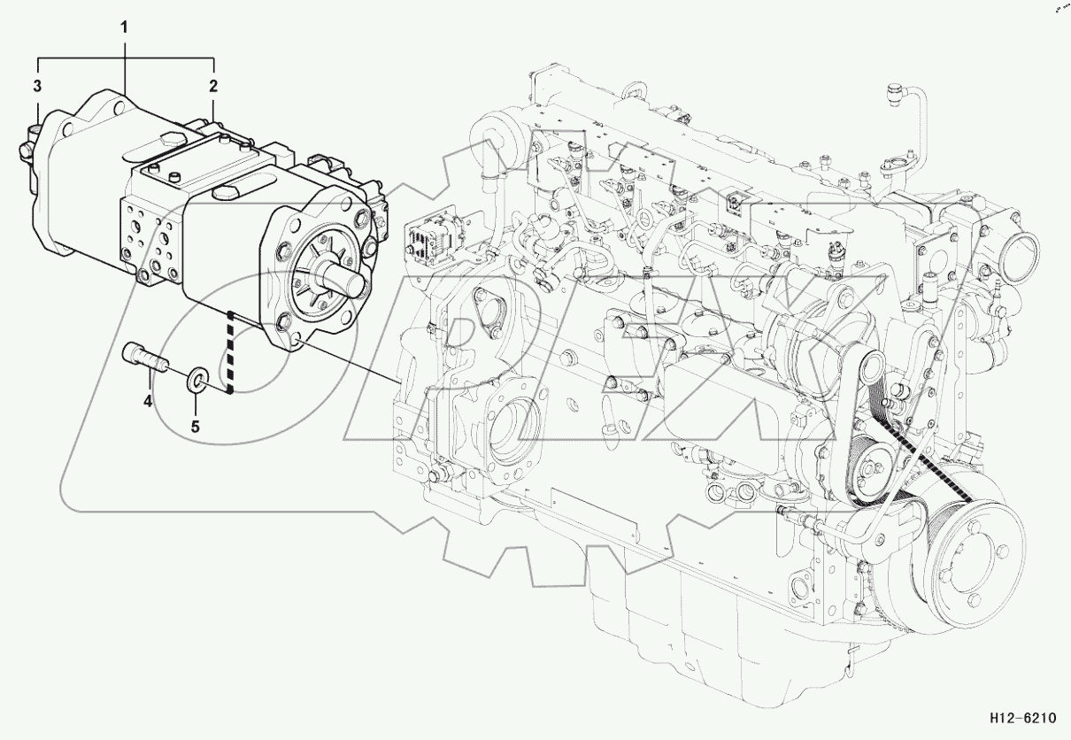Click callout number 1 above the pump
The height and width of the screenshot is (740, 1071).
124,27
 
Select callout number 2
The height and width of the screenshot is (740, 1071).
213,86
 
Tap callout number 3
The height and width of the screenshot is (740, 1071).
38,86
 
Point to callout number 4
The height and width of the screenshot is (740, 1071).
149,401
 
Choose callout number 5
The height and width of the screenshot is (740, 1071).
196,426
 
